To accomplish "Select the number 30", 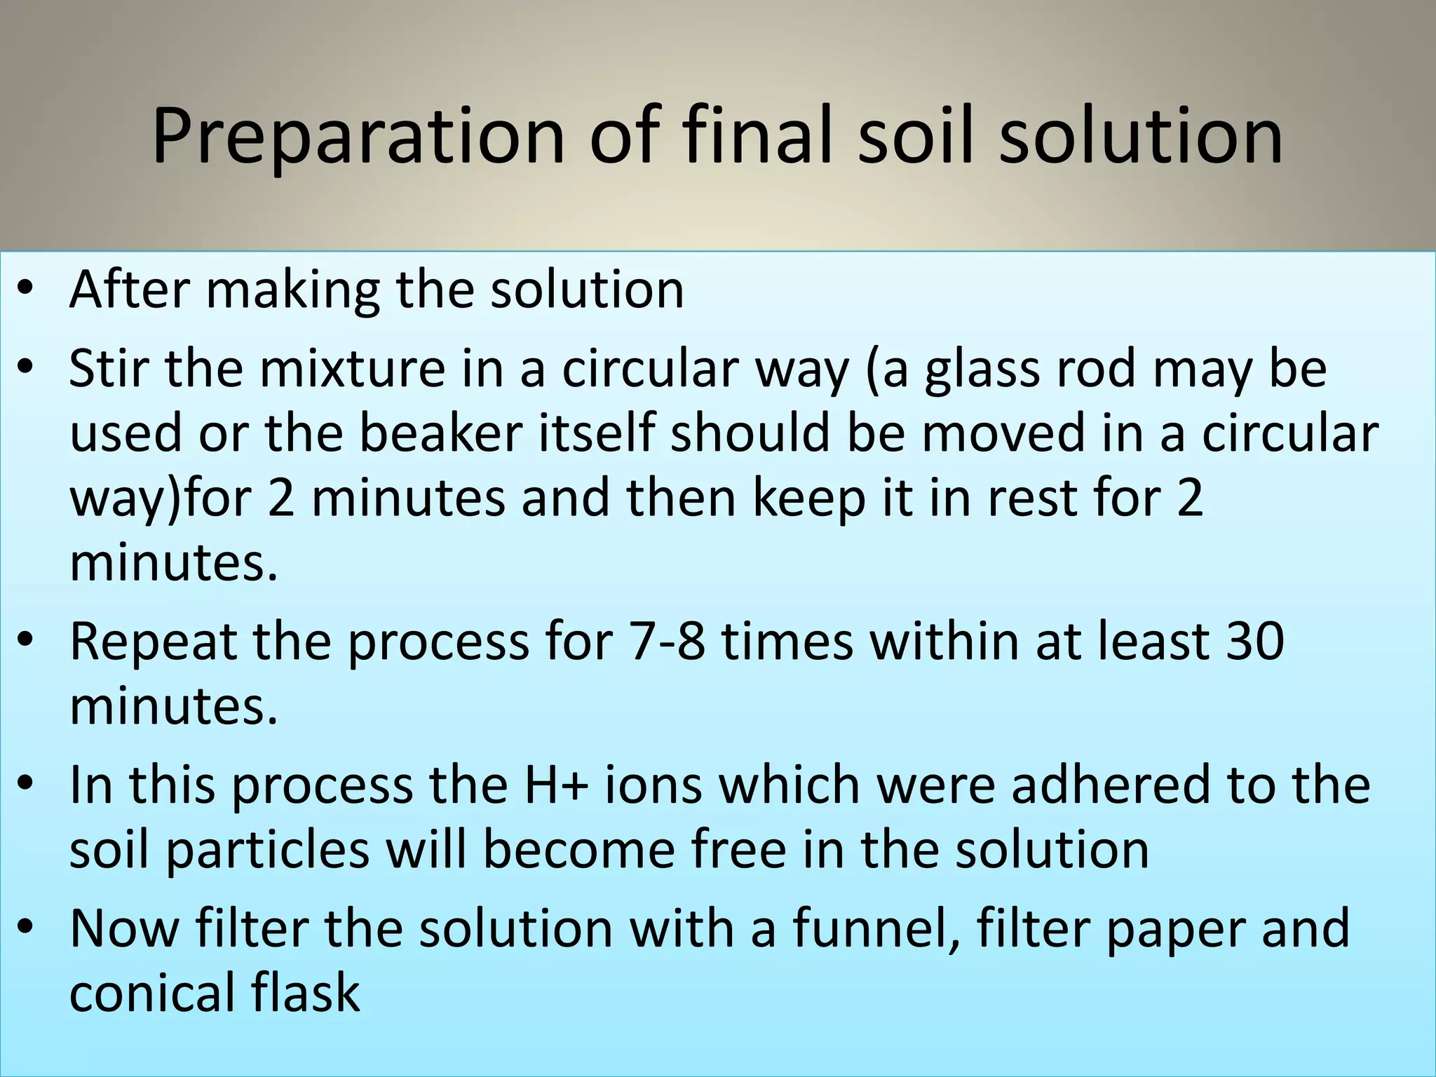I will click(x=1254, y=641).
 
